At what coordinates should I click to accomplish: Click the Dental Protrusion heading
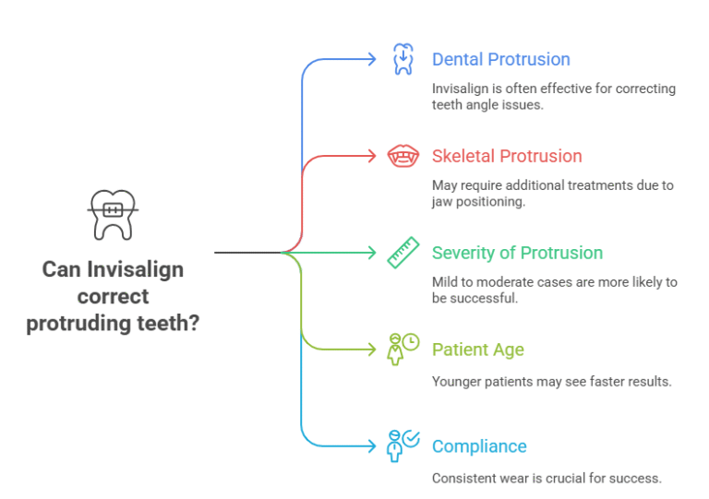(500, 60)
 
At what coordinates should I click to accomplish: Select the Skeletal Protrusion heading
(507, 156)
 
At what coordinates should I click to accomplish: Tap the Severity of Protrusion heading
(517, 253)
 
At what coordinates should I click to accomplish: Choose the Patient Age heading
(477, 350)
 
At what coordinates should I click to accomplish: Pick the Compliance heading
(478, 446)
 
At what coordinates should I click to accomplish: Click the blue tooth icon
(403, 59)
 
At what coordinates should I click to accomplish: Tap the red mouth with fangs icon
(403, 156)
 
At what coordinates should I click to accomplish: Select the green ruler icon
(403, 253)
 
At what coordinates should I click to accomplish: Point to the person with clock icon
(403, 350)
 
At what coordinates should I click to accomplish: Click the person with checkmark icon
(403, 446)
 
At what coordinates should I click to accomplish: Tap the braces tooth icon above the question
(113, 214)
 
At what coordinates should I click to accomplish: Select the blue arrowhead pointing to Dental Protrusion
(371, 59)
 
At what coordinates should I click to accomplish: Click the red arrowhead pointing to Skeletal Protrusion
(371, 156)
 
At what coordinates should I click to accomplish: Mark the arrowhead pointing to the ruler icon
(371, 253)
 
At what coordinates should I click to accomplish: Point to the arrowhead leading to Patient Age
(371, 350)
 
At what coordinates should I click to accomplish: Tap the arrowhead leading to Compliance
(371, 446)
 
